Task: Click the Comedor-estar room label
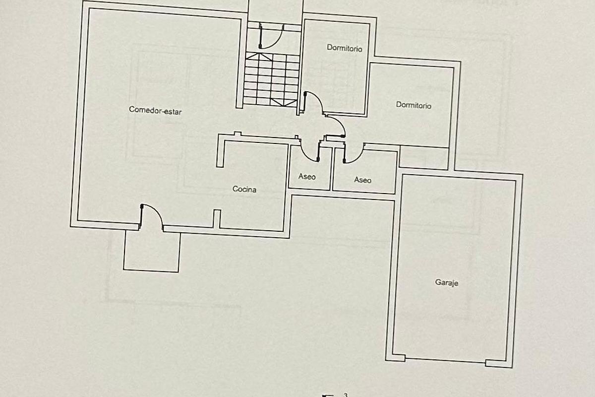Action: point(155,110)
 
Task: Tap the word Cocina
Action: point(244,189)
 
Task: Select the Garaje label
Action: point(446,283)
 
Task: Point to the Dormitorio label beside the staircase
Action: point(344,48)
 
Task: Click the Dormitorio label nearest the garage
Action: point(414,105)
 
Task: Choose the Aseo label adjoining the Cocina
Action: point(307,177)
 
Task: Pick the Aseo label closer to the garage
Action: point(362,180)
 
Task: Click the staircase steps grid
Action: point(272,79)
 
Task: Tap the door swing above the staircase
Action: point(270,37)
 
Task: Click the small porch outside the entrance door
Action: point(151,251)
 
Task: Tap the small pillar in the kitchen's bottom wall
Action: point(217,218)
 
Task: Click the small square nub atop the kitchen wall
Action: point(237,133)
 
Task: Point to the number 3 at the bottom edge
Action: point(345,395)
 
